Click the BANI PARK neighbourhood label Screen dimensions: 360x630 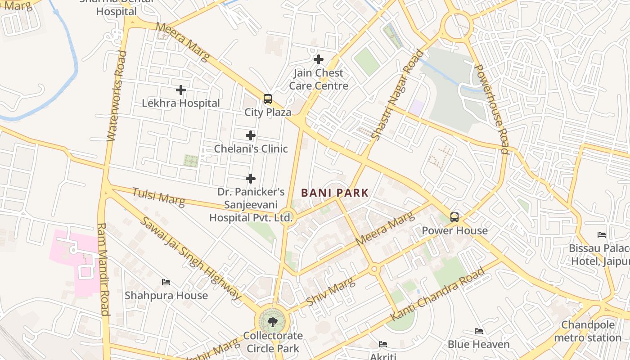[x=335, y=193]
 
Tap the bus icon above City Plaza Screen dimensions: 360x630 [x=268, y=99]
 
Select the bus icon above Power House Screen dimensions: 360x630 [x=454, y=218]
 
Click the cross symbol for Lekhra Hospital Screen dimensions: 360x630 [x=181, y=90]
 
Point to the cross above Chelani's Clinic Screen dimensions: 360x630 [x=251, y=135]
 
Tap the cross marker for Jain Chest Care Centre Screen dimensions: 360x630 [x=319, y=59]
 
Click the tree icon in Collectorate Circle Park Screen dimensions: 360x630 [x=272, y=322]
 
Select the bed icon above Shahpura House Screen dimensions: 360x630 [x=166, y=282]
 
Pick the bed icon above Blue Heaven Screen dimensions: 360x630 [x=479, y=332]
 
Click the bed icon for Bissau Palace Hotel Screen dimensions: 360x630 [x=602, y=235]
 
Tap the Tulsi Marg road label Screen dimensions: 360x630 [x=158, y=197]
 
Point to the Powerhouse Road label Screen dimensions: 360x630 [x=492, y=109]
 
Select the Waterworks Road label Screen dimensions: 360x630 [x=116, y=96]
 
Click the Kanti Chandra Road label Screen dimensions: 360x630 [x=438, y=293]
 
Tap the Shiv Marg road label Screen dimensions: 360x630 [x=330, y=291]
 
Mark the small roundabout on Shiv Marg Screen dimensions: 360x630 [x=374, y=269]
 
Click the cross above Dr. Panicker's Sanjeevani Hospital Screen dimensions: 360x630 [x=251, y=179]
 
